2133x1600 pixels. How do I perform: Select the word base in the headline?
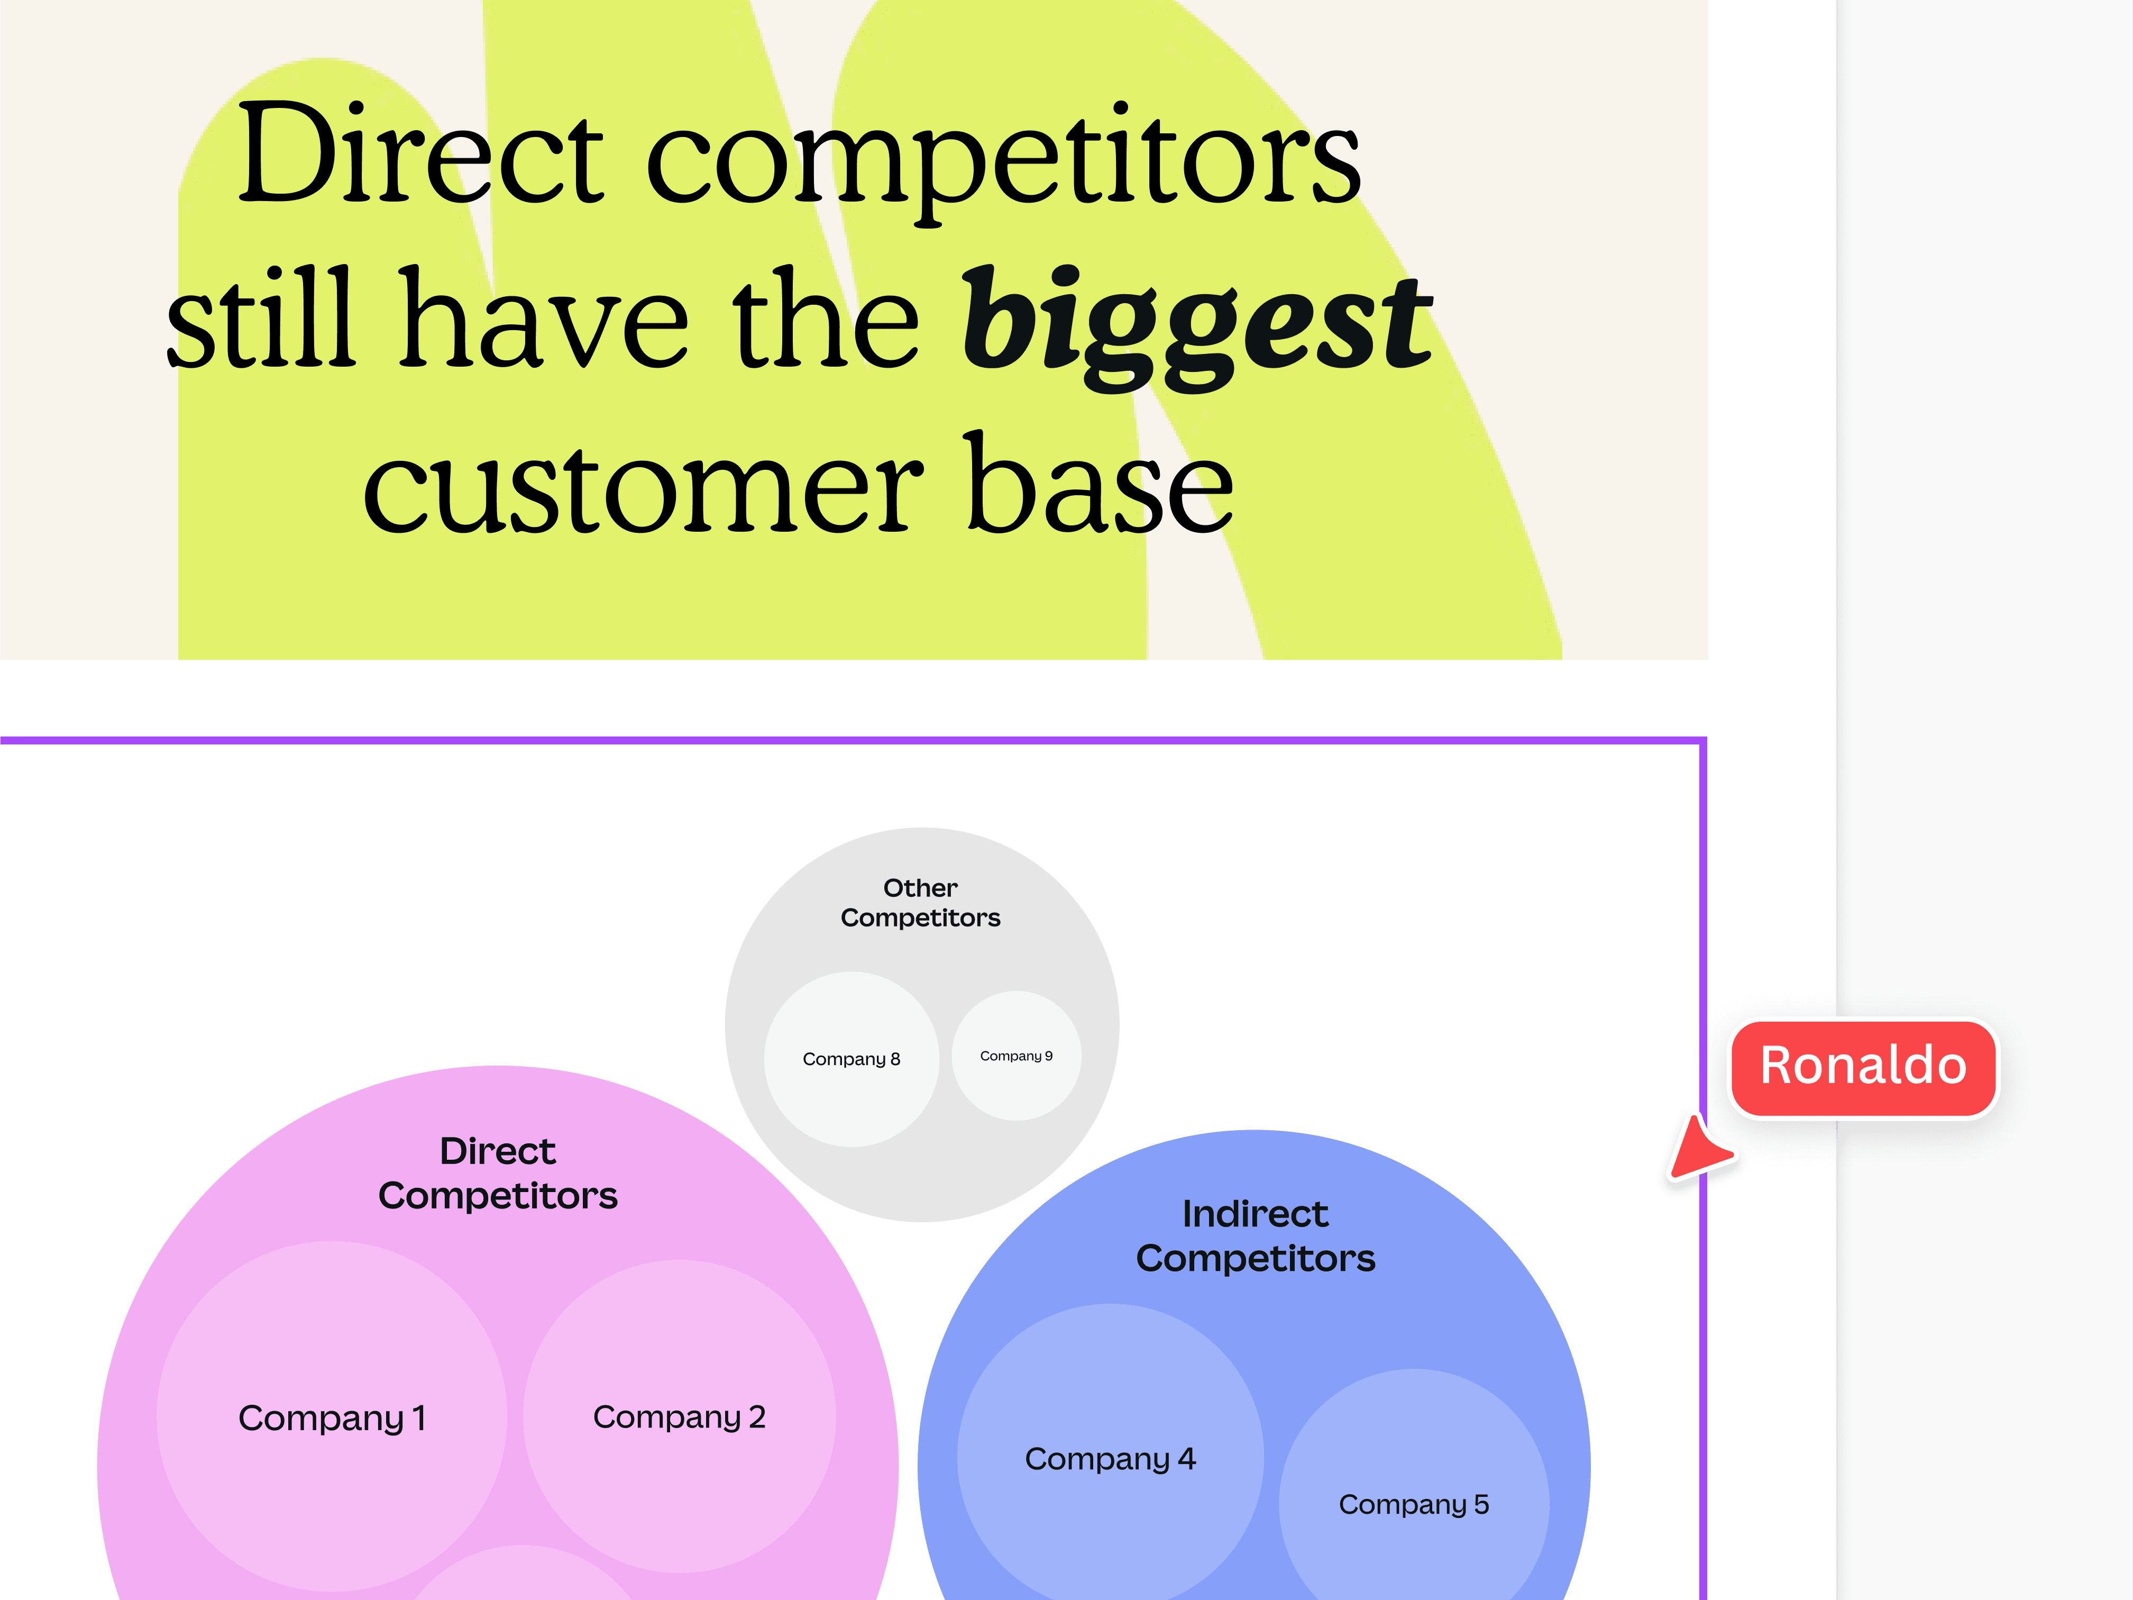pyautogui.click(x=1099, y=487)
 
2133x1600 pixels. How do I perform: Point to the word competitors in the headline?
pyautogui.click(x=1003, y=159)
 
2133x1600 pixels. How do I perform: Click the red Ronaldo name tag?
pyautogui.click(x=1863, y=1067)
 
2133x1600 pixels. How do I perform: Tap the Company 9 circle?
pyautogui.click(x=1017, y=1056)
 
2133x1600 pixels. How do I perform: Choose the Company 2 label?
pyautogui.click(x=679, y=1417)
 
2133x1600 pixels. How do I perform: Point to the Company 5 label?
pyautogui.click(x=1414, y=1505)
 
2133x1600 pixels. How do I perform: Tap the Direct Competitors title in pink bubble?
pyautogui.click(x=498, y=1174)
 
